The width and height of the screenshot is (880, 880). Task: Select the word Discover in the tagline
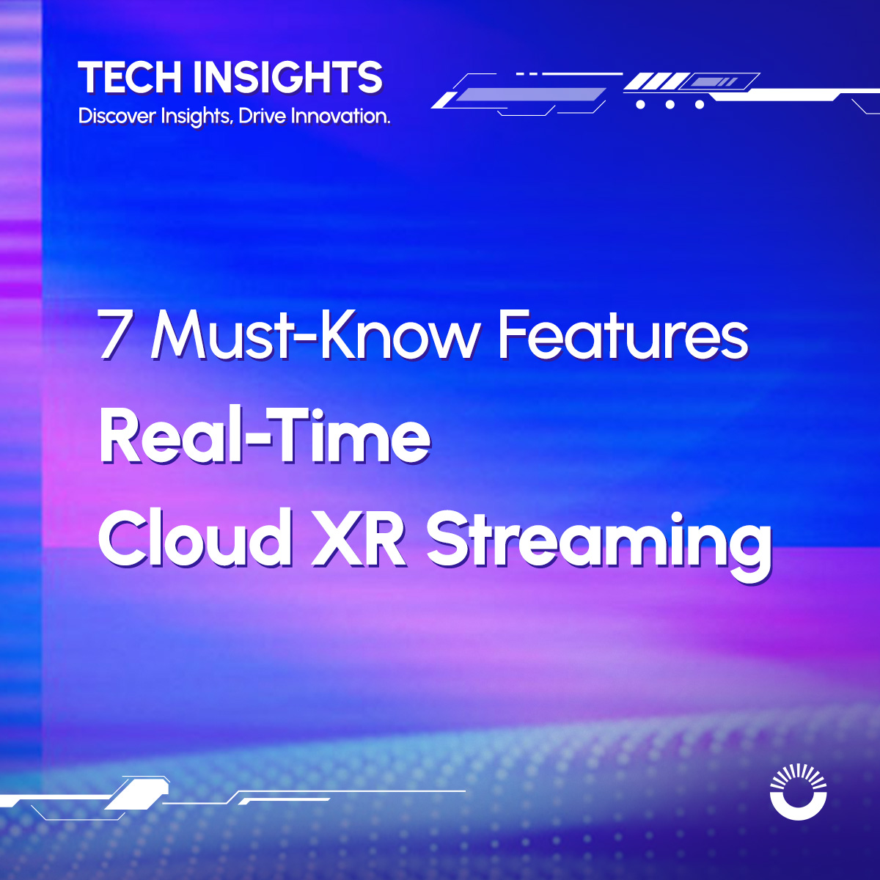[x=117, y=116]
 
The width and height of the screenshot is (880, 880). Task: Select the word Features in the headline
[x=623, y=335]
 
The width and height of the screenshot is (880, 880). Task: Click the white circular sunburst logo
[x=799, y=791]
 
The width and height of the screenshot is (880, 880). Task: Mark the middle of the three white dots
[x=670, y=105]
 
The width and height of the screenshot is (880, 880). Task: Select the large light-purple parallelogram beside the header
[x=531, y=95]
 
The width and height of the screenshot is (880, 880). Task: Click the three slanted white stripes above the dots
[x=656, y=81]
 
